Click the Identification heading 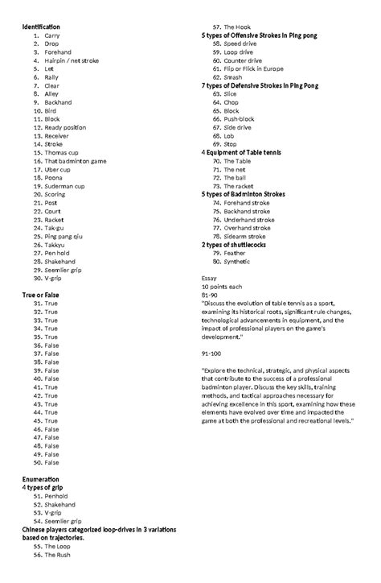(40, 28)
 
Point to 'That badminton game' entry (76, 161)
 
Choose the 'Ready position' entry (66, 127)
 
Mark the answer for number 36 (51, 345)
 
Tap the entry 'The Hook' (237, 27)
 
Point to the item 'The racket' (240, 186)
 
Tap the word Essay (210, 278)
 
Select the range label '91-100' (213, 354)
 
